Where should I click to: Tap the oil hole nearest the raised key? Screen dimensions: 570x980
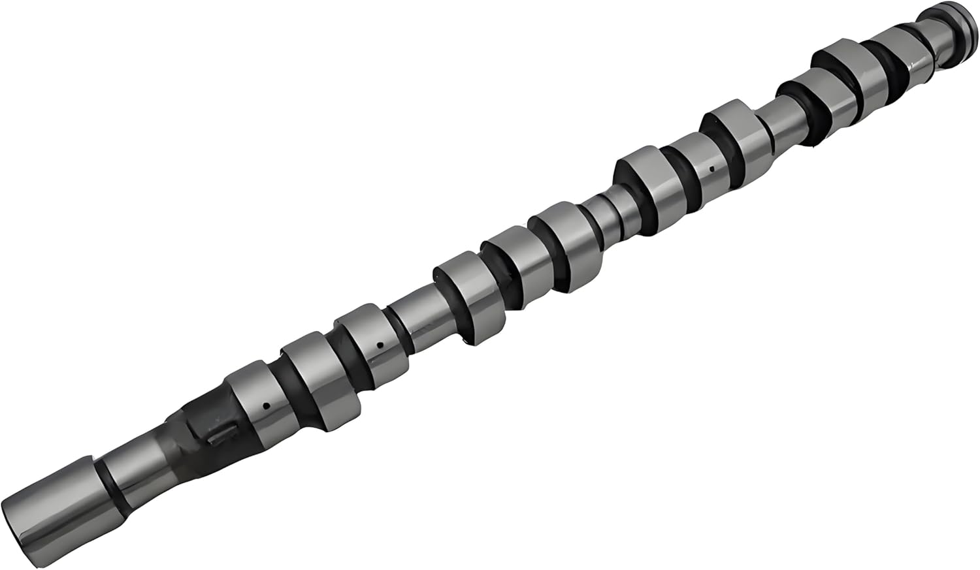[x=267, y=405]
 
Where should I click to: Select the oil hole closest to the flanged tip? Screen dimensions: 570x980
[x=712, y=168]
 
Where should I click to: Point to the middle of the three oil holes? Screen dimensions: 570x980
[x=380, y=344]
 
